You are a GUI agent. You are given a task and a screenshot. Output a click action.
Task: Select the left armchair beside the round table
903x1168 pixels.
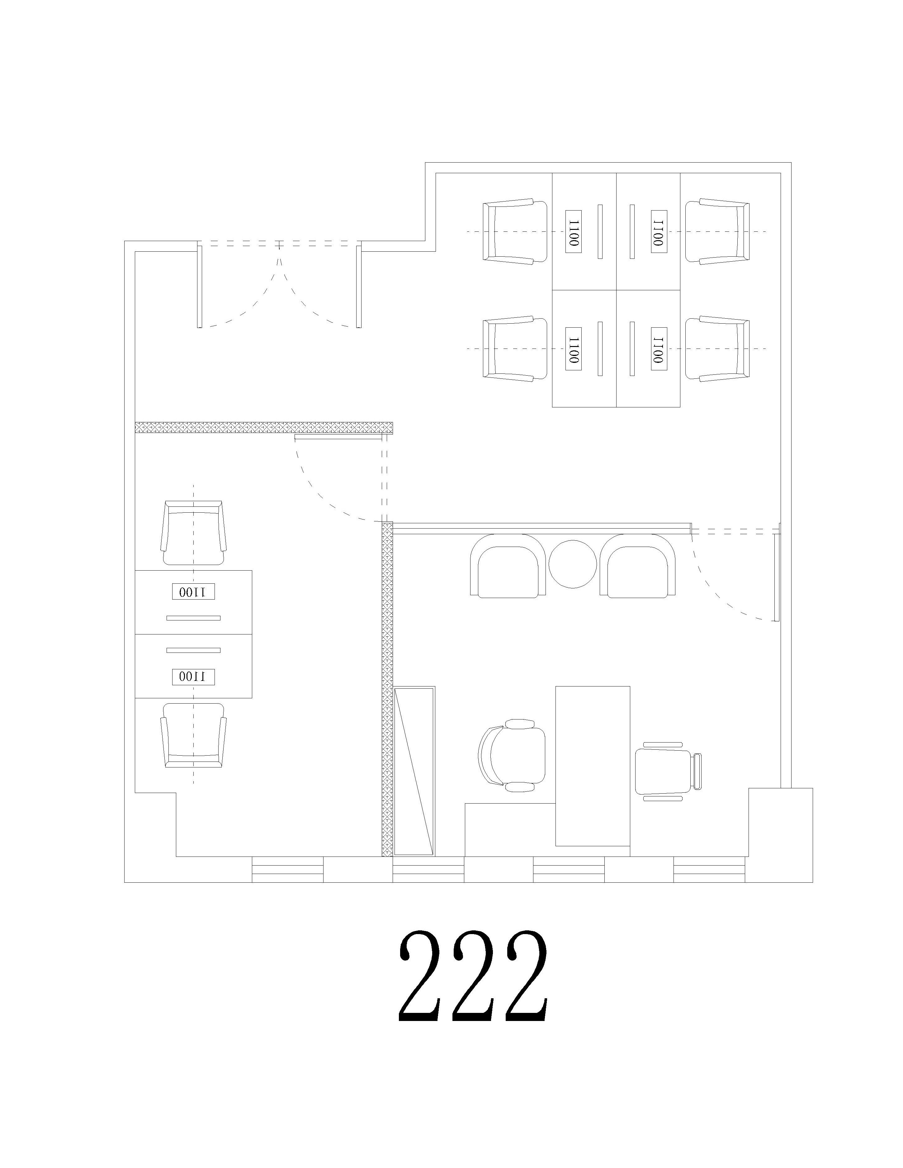pos(508,566)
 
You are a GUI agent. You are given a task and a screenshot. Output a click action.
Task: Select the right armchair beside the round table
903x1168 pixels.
pos(637,566)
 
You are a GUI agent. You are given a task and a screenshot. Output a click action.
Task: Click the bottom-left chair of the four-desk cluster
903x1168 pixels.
pos(514,349)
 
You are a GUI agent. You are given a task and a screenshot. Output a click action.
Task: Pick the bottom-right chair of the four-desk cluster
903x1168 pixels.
pos(717,349)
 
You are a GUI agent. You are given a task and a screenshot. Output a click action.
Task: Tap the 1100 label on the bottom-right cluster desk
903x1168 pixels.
pos(659,349)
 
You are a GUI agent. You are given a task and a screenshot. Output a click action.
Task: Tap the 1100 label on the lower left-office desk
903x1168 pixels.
pos(193,677)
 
